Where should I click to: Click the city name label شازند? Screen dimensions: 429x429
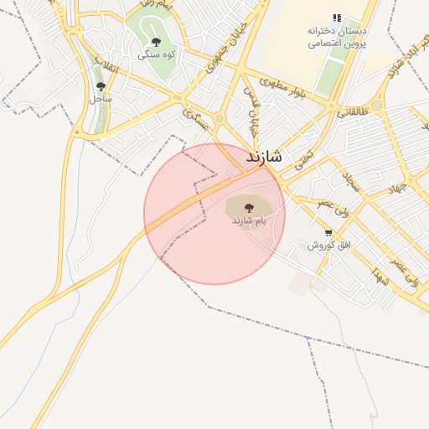(x=264, y=157)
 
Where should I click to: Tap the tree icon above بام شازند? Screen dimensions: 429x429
(x=248, y=206)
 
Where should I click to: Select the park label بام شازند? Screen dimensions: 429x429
(x=249, y=220)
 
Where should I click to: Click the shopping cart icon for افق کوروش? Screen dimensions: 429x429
(x=328, y=234)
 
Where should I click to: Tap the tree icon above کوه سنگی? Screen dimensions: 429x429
(x=156, y=41)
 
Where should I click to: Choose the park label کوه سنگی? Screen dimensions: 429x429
(x=156, y=54)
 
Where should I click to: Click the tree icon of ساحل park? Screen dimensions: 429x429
(x=101, y=85)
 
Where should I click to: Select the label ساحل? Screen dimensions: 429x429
(x=101, y=98)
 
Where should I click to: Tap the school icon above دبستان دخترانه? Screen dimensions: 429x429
(x=337, y=18)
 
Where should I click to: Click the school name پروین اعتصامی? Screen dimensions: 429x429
(x=336, y=44)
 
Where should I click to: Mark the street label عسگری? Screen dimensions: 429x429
(x=200, y=119)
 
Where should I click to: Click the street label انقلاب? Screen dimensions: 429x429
(x=106, y=65)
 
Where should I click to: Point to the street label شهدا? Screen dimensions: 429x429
(x=382, y=278)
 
